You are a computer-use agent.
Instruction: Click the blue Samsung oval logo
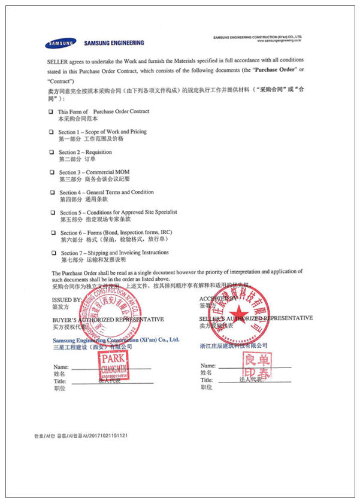click(x=60, y=43)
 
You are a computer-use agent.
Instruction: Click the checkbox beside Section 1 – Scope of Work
click(x=52, y=132)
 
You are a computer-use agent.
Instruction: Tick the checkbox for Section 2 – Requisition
click(x=52, y=152)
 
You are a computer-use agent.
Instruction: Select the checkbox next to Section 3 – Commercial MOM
click(x=52, y=172)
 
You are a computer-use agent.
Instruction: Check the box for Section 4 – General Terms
click(x=53, y=193)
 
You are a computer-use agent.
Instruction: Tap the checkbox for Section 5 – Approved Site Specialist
click(x=53, y=212)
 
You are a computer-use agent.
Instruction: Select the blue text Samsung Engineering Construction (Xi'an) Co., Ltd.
click(x=116, y=340)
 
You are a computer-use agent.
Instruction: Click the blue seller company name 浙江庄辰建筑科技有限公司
click(x=234, y=345)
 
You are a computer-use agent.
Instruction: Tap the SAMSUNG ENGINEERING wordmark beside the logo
click(x=114, y=43)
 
